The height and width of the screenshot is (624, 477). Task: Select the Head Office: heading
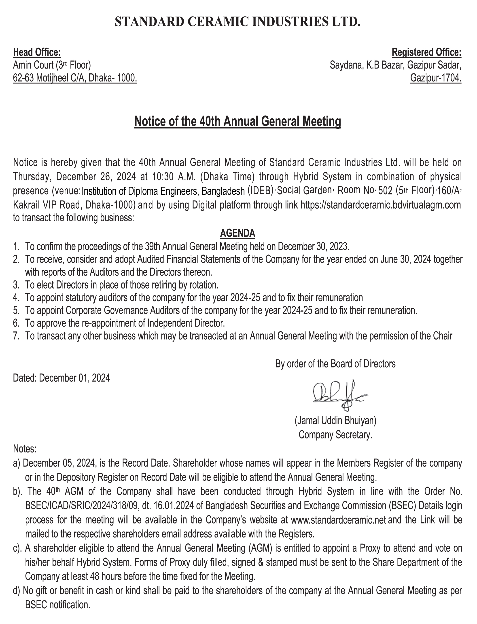37,53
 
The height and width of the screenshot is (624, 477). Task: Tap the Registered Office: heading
426,53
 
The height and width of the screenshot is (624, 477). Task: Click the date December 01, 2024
74,378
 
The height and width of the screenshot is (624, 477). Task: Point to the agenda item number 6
16,323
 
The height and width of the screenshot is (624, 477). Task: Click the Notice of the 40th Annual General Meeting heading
238,122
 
